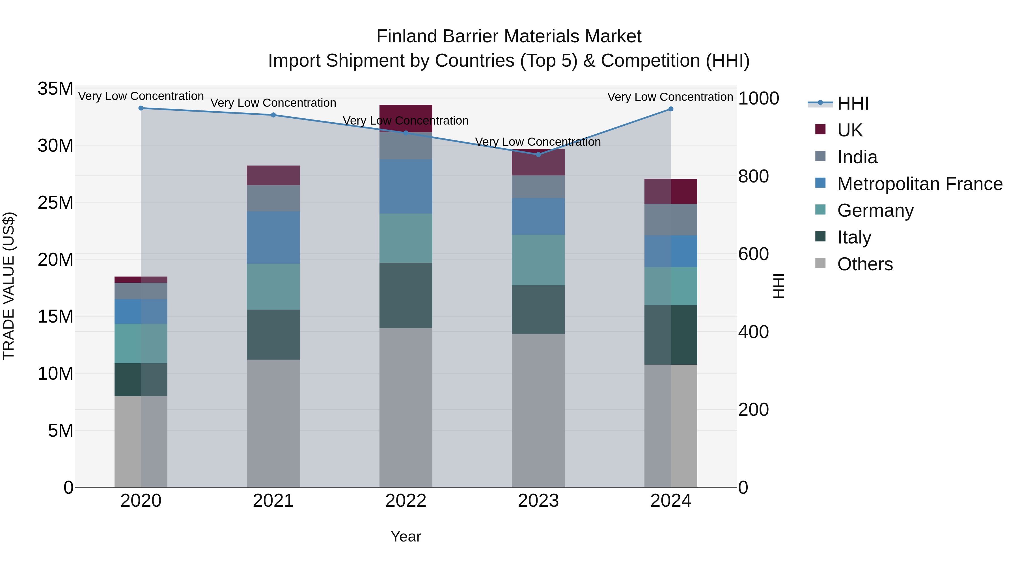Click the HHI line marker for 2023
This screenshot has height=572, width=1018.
(538, 154)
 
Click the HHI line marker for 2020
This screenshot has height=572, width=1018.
(141, 108)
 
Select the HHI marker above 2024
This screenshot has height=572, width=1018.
(671, 109)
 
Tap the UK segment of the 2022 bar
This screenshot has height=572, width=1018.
(406, 118)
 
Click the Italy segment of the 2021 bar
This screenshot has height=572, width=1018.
(273, 334)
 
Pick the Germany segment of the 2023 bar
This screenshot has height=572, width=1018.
(538, 260)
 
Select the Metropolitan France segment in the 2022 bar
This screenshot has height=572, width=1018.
(406, 187)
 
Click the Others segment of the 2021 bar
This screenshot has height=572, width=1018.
(273, 423)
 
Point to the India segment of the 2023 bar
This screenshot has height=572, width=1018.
(538, 187)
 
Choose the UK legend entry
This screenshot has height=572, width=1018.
(850, 130)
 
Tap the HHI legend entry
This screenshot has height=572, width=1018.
(853, 103)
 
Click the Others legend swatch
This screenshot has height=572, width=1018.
(820, 263)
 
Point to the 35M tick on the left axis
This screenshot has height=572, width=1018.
(55, 89)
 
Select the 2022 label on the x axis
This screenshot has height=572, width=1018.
(406, 501)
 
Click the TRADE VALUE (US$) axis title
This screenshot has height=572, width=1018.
(9, 286)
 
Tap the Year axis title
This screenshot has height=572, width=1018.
(406, 536)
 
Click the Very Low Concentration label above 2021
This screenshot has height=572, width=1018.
(273, 103)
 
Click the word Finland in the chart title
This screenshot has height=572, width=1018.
(407, 36)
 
